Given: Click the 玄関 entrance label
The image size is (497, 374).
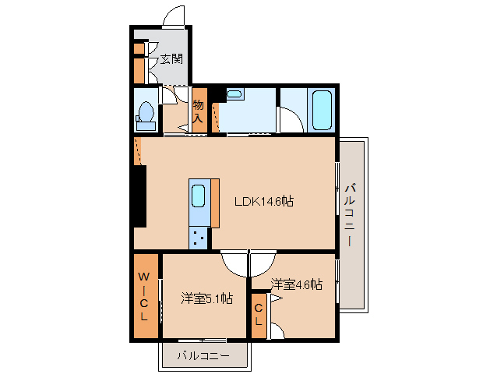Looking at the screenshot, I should [172, 58].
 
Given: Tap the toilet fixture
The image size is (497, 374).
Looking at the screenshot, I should [145, 115].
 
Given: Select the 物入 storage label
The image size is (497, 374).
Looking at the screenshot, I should [198, 111].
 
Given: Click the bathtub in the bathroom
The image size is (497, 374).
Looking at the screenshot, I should [322, 111].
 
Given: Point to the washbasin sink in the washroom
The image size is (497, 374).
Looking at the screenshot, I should [235, 95].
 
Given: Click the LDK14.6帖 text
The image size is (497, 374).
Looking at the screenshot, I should [264, 201].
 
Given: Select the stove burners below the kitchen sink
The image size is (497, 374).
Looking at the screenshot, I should [199, 236].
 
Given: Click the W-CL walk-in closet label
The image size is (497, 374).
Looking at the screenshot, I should [144, 297].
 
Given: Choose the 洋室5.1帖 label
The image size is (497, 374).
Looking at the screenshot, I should [207, 298].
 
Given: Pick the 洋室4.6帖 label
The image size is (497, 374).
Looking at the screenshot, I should [297, 285].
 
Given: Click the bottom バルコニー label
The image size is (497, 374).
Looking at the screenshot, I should [203, 355].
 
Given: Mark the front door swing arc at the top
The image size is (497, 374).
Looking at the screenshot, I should [175, 16].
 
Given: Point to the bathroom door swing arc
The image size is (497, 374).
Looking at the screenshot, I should [290, 121].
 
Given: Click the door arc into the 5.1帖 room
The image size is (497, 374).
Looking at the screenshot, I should [233, 263].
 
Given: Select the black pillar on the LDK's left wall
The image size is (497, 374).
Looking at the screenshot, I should [139, 196].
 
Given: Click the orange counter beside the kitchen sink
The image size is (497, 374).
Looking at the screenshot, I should [215, 203].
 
